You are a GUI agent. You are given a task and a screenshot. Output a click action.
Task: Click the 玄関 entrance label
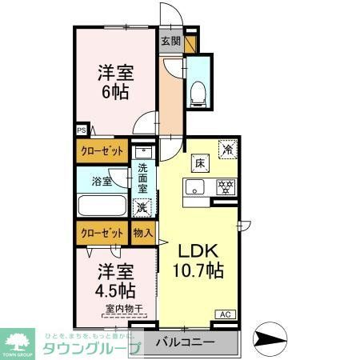(x=170, y=40)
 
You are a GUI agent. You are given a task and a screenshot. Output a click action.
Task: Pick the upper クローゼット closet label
(x=102, y=150)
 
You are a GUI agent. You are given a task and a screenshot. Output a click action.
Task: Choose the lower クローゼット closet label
(x=102, y=233)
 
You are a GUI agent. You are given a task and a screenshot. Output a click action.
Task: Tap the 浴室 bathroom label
(x=102, y=182)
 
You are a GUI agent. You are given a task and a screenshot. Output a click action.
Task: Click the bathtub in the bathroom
(x=102, y=206)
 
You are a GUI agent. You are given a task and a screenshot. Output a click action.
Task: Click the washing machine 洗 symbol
(x=142, y=207)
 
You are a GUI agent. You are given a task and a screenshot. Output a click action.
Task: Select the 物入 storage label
(x=142, y=233)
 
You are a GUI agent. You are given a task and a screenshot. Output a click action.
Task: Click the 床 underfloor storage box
(x=198, y=162)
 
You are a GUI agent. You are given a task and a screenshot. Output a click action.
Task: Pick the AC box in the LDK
(x=225, y=314)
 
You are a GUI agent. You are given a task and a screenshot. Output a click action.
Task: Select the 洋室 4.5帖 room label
(x=116, y=280)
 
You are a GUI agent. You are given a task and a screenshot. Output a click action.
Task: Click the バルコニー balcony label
(x=184, y=343)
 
